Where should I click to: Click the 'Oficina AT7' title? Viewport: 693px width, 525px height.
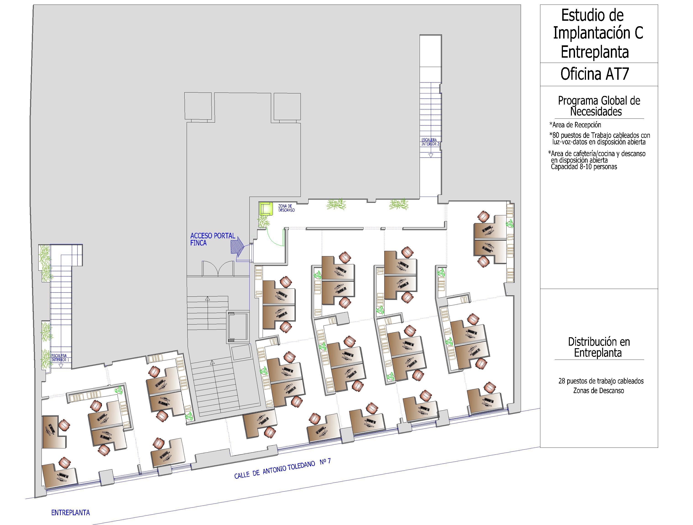(595, 74)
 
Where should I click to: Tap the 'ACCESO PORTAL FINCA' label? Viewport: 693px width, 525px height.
(213, 239)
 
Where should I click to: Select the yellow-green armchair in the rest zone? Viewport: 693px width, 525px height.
(266, 208)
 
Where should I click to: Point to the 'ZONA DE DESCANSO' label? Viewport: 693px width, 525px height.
(286, 208)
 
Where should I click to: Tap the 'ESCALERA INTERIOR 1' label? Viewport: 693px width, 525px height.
(60, 358)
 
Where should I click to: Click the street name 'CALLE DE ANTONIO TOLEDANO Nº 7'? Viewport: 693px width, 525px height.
(282, 468)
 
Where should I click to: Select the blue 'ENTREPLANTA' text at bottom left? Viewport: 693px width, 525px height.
(71, 512)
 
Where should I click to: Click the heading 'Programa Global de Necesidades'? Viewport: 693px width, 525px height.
(599, 106)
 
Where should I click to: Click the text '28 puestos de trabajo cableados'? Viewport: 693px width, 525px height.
(601, 381)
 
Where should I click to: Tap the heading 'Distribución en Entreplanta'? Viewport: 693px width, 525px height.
(599, 347)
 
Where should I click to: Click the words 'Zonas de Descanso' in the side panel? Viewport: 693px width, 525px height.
(598, 391)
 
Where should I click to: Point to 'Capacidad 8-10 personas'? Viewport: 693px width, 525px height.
(584, 167)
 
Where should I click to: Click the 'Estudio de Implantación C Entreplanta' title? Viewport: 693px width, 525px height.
(598, 33)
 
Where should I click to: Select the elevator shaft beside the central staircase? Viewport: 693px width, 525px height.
(238, 327)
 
